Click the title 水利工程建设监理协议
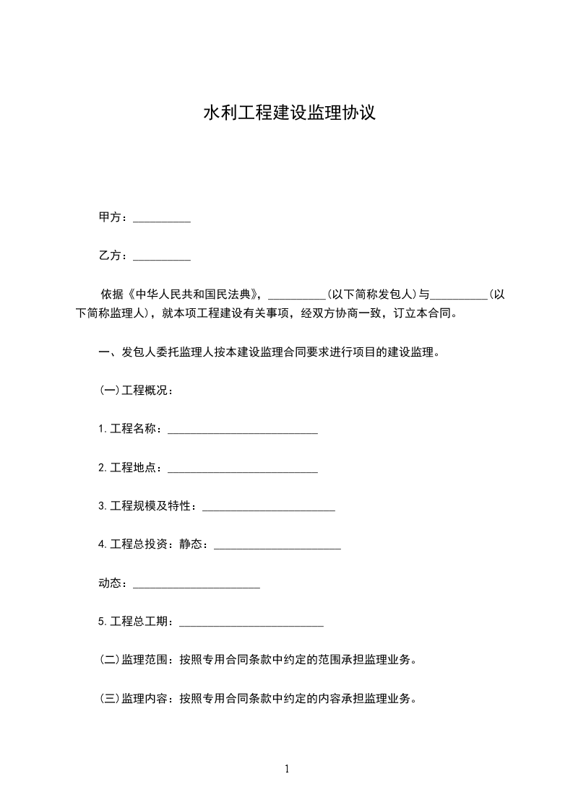tap(289, 113)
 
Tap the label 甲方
tap(112, 217)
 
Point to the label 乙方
tap(112, 256)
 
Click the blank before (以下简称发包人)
tap(297, 296)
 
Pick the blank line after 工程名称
tap(243, 431)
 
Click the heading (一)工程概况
tap(136, 391)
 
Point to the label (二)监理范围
tap(135, 660)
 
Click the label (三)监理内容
tap(135, 699)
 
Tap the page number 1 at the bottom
tap(287, 770)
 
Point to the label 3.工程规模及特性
tap(147, 507)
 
